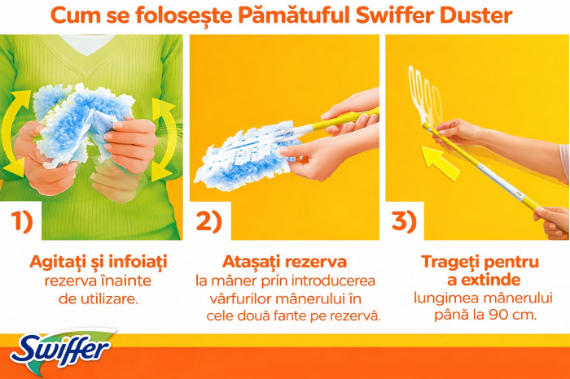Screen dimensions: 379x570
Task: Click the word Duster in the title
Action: tap(481, 15)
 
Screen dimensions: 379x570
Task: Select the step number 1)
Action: tap(24, 221)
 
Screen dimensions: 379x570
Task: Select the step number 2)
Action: tap(208, 221)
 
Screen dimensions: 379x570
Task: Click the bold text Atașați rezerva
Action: tap(284, 262)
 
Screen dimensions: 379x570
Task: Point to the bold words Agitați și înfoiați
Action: tap(97, 262)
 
